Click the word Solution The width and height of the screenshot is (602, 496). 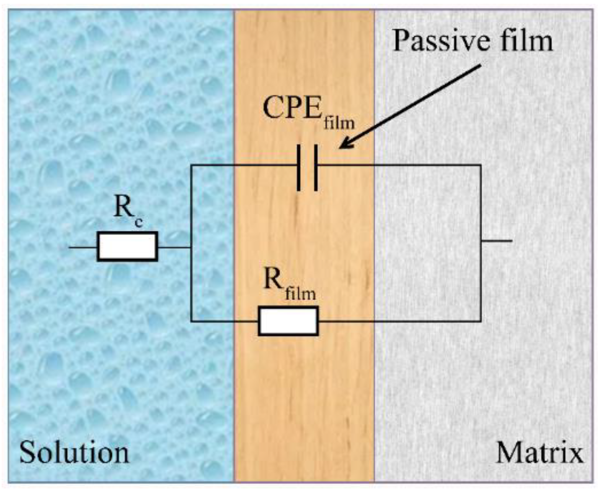(x=74, y=453)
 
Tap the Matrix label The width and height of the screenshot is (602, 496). (x=540, y=453)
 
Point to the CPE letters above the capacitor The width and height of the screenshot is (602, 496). (x=292, y=108)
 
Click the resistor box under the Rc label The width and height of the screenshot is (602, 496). (x=127, y=247)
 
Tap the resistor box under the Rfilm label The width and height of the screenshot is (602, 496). (x=288, y=321)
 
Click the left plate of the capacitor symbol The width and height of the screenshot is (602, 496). (x=299, y=168)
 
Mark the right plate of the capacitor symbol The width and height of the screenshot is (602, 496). (x=315, y=168)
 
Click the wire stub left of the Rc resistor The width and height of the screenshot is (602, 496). (x=83, y=247)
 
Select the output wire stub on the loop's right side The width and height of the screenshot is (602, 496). (x=496, y=241)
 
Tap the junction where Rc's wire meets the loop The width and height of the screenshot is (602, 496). (x=191, y=247)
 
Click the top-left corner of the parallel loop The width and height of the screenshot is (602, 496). (x=191, y=165)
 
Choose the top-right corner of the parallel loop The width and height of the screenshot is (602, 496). (x=481, y=165)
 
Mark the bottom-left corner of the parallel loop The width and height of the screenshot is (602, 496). (x=191, y=321)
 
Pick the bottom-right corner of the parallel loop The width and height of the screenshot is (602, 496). (x=481, y=321)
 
